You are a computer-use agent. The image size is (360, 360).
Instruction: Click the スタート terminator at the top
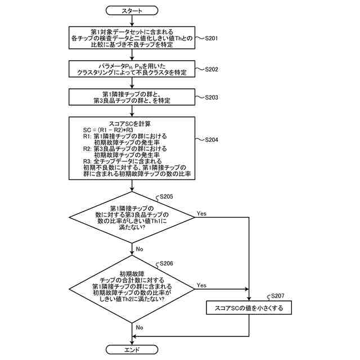coord(132,11)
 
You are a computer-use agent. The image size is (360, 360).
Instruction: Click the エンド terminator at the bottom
coord(132,350)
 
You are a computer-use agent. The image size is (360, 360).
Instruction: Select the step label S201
coord(211,38)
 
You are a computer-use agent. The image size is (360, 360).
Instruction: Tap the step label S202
coord(211,69)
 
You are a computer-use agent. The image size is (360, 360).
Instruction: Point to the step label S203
coord(211,97)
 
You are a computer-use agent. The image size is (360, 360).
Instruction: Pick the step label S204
coord(211,139)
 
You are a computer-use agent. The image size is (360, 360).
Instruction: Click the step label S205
coord(166,196)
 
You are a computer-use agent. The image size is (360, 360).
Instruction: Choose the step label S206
coord(166,263)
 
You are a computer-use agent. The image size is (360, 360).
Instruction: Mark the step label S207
coord(277,296)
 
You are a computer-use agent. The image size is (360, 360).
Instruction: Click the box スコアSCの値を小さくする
coord(249,308)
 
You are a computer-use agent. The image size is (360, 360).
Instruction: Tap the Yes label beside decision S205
coord(201,214)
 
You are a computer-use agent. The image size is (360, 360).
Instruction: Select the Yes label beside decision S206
coord(201,285)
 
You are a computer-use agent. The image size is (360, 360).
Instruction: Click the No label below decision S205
coord(139,249)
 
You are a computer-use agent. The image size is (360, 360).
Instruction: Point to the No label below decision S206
coord(139,327)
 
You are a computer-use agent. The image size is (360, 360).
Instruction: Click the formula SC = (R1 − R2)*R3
coord(108,130)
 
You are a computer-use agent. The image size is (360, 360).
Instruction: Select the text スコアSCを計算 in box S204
coord(130,124)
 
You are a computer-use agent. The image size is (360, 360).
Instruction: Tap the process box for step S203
coord(132,97)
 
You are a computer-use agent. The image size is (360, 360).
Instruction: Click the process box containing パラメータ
coord(132,69)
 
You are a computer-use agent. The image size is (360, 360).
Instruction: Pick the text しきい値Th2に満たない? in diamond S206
coord(132,299)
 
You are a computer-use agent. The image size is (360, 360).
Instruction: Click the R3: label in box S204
coord(87,161)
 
